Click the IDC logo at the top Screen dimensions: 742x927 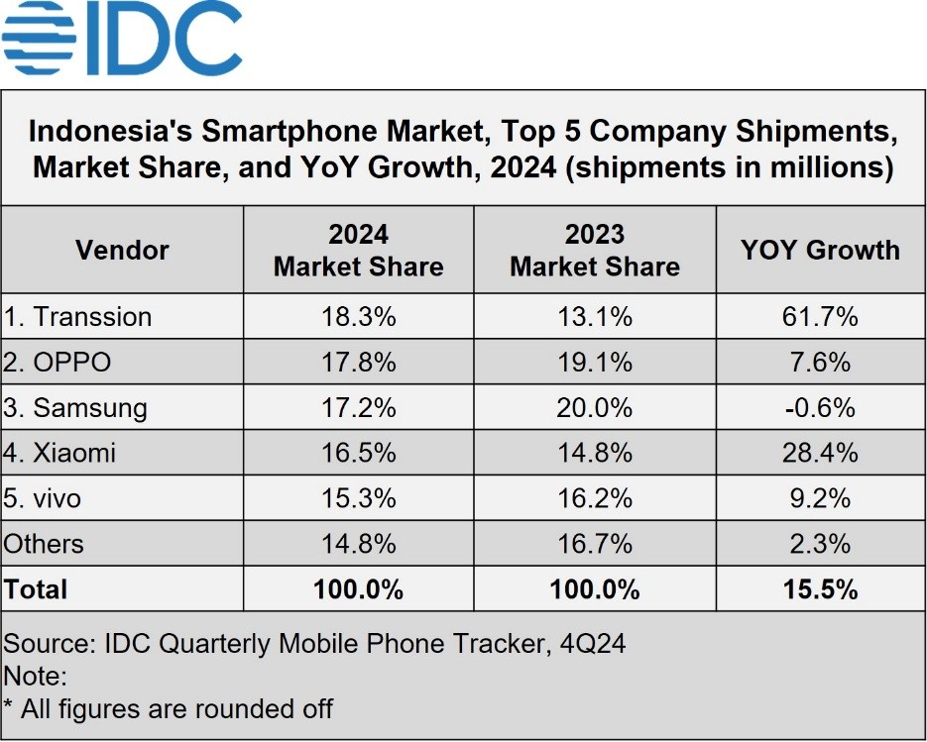pyautogui.click(x=122, y=39)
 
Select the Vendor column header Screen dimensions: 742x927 pyautogui.click(x=122, y=251)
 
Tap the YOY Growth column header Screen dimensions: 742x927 pyautogui.click(x=820, y=251)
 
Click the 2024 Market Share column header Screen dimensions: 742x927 pyautogui.click(x=358, y=251)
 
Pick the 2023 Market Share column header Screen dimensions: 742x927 pyautogui.click(x=595, y=251)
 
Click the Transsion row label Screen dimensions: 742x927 pyautogui.click(x=78, y=317)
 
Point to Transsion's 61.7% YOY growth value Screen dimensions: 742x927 pyautogui.click(x=820, y=317)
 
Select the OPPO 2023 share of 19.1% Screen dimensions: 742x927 pyautogui.click(x=595, y=363)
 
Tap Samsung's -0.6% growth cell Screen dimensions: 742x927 pyautogui.click(x=820, y=408)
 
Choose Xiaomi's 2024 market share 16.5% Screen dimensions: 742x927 pyautogui.click(x=358, y=454)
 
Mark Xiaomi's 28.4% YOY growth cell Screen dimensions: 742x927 pyautogui.click(x=820, y=454)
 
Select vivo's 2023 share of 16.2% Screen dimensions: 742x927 pyautogui.click(x=595, y=499)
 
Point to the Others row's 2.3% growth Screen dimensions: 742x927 pyautogui.click(x=820, y=544)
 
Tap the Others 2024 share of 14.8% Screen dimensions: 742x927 pyautogui.click(x=358, y=544)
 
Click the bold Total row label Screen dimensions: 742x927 pyautogui.click(x=36, y=589)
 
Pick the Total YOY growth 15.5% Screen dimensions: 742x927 pyautogui.click(x=820, y=589)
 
